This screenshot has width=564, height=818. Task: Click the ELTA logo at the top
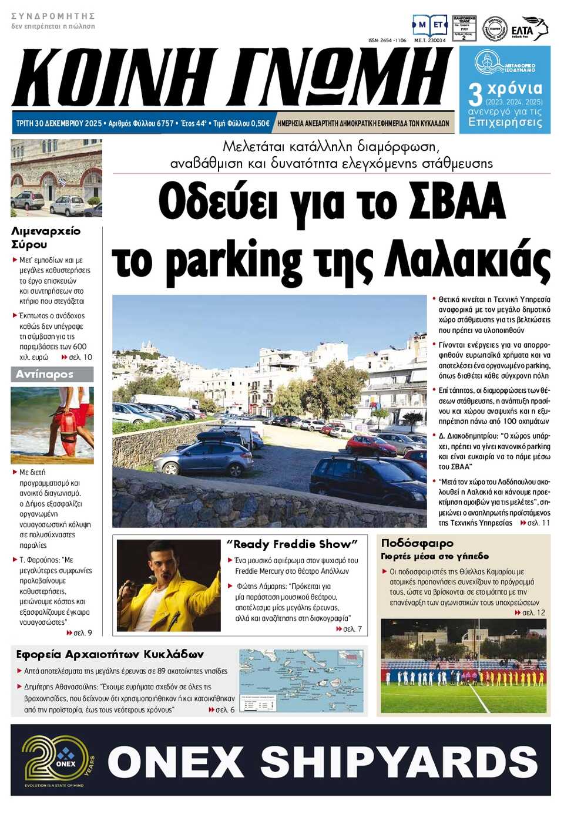tap(529, 29)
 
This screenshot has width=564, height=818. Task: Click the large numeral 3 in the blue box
tap(475, 95)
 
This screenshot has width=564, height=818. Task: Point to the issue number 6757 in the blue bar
tap(162, 124)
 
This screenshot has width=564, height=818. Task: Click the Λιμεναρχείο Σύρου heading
tap(46, 237)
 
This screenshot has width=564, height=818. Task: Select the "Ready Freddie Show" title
tap(292, 544)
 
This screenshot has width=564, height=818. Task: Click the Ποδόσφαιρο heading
tap(417, 543)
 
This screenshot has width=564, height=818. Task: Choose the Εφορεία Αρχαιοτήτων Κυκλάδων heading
tap(110, 654)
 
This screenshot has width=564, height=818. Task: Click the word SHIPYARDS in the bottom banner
tap(399, 762)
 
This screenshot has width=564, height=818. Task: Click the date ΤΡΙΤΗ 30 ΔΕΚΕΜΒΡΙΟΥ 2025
tap(59, 124)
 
